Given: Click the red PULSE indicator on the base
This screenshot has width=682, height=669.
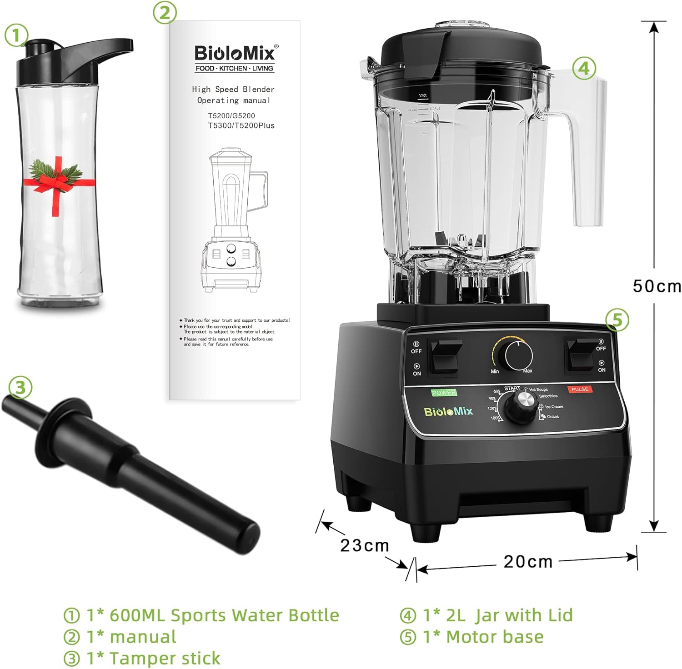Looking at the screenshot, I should point(580,389).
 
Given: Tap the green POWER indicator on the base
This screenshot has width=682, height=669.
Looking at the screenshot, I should point(444,392).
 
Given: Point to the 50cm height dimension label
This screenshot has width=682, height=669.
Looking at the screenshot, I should point(657,286).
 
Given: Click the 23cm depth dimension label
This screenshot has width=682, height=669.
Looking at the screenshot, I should point(365,545).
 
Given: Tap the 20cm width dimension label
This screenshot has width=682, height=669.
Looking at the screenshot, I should point(528,562).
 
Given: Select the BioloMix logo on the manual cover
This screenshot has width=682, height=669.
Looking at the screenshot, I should point(235,54).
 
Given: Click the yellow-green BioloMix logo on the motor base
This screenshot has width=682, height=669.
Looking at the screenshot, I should point(448,412).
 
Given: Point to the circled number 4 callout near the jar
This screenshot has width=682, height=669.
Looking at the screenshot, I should point(584,68).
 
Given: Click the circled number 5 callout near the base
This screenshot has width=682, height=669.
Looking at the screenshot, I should point(617,320).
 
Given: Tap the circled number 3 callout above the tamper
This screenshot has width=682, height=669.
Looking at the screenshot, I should point(20,387).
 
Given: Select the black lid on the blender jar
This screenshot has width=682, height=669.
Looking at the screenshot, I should point(462,50).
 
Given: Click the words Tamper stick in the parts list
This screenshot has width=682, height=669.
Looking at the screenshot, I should point(165,658).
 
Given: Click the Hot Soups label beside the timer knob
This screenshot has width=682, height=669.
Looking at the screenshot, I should point(538,389).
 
